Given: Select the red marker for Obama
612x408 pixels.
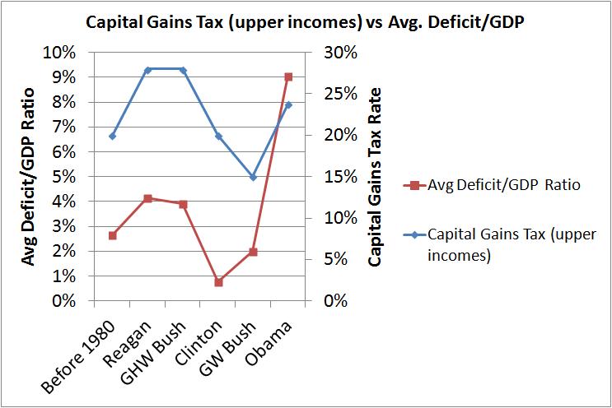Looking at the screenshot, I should pos(288,77).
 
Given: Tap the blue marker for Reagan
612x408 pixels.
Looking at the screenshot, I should pos(147,70).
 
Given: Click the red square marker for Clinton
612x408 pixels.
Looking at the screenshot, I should pos(218,282).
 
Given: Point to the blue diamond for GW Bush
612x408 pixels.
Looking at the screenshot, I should pos(253,177).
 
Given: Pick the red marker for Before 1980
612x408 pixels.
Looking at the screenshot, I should pos(113,235).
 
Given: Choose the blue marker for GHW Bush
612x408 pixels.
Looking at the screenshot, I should pos(183,70).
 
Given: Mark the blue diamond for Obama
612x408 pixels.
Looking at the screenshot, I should pos(288,105).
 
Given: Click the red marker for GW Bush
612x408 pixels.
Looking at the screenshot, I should pos(253,252).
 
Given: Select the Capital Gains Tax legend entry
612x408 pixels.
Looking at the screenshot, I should pos(503,245).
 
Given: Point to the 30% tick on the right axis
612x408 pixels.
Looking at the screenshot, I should pos(340,53).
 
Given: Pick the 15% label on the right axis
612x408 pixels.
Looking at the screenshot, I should pos(340,177).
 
